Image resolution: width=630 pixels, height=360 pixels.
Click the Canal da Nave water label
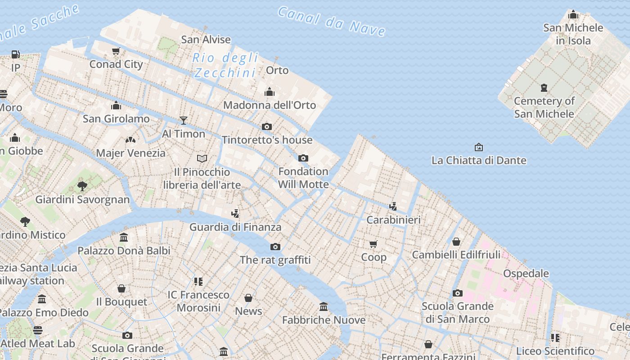pos(332,21)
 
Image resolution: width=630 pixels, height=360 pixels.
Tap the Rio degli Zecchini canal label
pos(225,65)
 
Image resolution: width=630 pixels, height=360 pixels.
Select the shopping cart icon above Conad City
pos(116,51)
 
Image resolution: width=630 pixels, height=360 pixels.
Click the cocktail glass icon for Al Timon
pos(183,120)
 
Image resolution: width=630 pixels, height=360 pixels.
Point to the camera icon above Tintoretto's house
pos(267,126)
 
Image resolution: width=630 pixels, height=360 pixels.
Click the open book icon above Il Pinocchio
pos(202,158)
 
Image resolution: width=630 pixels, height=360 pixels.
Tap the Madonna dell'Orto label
pos(270,105)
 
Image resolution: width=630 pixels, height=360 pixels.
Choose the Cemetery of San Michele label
pos(544,107)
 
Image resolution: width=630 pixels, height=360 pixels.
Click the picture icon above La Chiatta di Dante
pos(479,147)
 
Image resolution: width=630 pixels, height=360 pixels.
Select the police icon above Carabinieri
pos(393,206)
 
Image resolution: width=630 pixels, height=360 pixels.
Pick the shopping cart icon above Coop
pos(373,244)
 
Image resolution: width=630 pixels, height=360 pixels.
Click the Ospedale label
pos(526,274)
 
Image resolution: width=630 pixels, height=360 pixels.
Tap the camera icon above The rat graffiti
pos(275,247)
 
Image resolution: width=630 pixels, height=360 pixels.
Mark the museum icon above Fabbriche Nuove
pos(324,307)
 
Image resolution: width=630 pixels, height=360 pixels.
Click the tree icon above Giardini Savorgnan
pos(82,186)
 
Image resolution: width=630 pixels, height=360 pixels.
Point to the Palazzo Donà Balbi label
pos(124,251)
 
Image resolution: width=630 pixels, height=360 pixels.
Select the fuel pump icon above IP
pos(16,54)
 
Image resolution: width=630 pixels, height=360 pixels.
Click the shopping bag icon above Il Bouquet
pos(121,288)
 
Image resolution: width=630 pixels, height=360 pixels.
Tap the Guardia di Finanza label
pos(235,227)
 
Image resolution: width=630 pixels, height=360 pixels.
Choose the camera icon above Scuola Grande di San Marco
pos(458,293)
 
